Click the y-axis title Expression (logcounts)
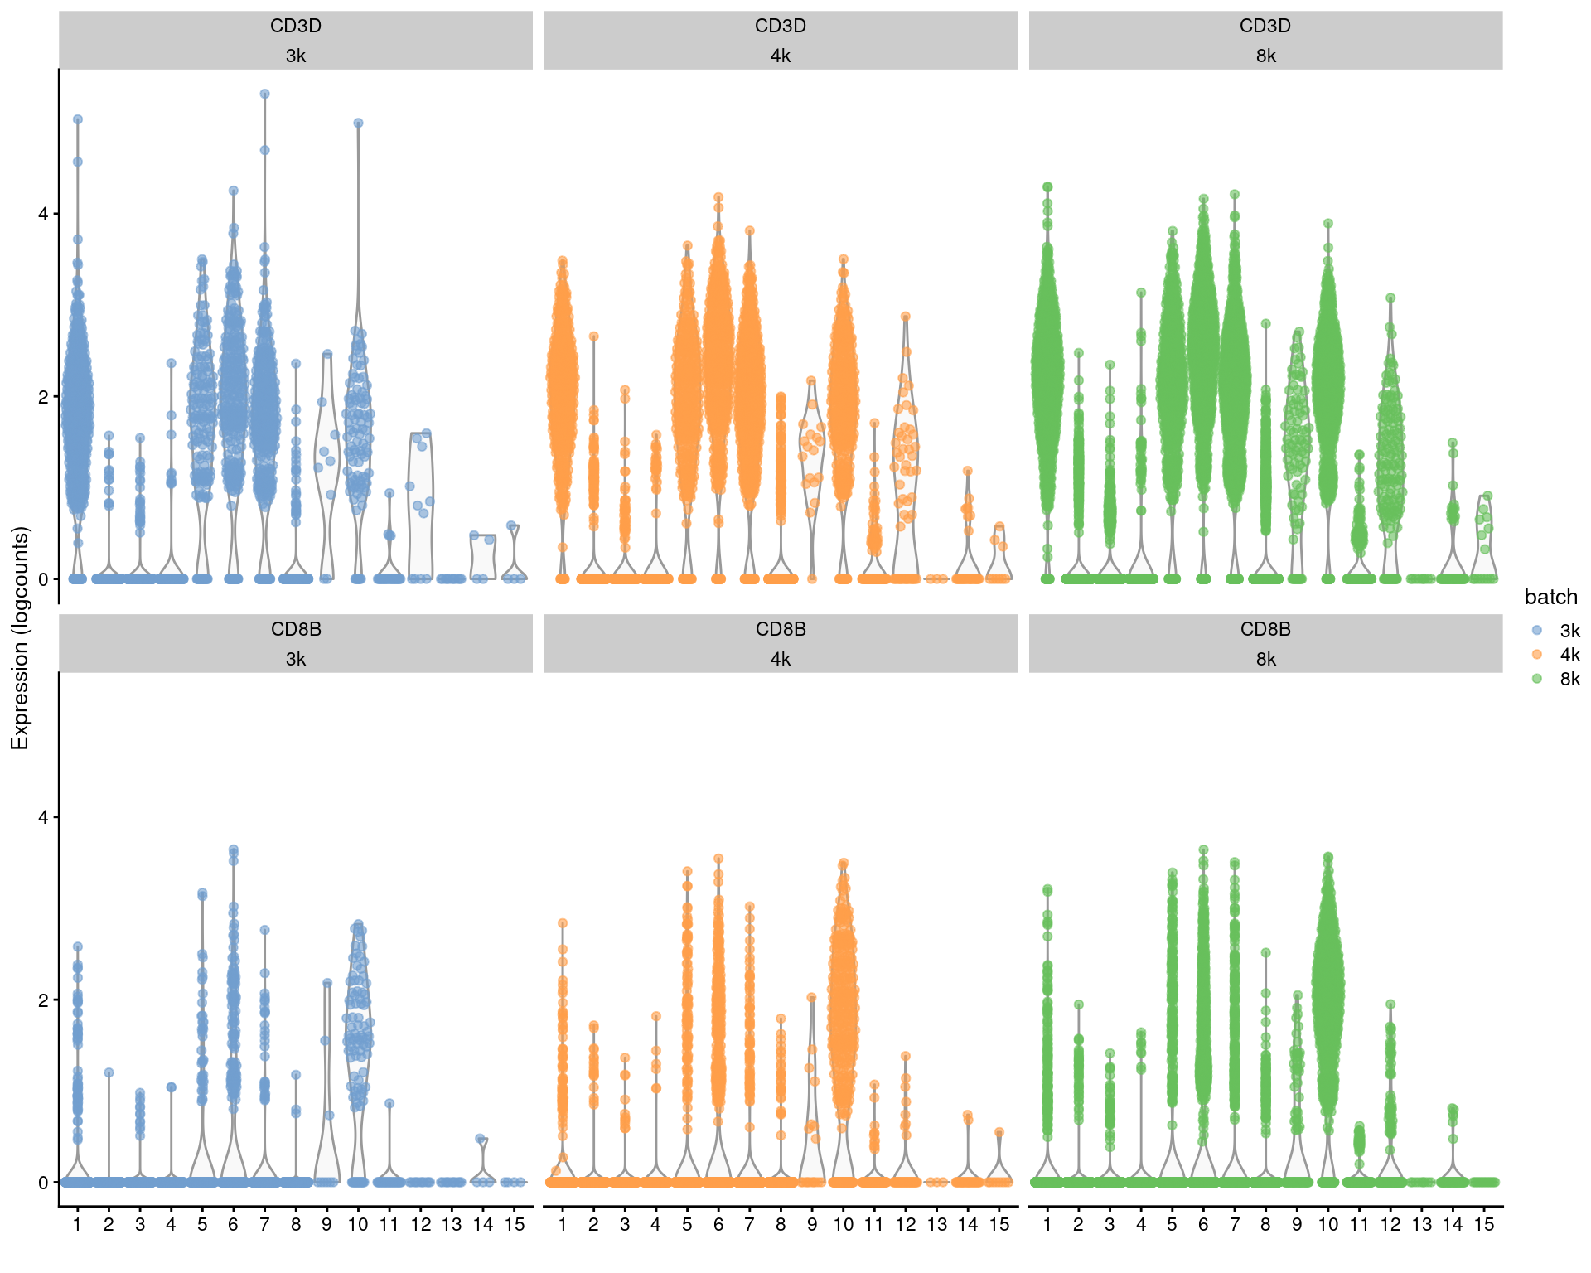20,638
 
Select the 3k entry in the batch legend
1569,631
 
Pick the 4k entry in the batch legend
1569,655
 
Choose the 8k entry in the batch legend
1569,679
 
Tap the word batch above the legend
1550,597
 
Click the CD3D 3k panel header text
296,40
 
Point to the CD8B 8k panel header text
1265,643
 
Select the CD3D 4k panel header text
781,40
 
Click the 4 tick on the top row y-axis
43,214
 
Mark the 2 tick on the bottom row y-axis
43,1000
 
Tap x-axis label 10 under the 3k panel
358,1224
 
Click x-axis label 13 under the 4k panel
936,1224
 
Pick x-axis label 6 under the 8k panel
1203,1224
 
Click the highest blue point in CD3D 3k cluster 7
264,94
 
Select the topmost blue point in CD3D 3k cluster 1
78,119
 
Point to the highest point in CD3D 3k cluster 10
358,123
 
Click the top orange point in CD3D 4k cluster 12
906,317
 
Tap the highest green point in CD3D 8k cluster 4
1141,293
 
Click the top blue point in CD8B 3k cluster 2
109,1072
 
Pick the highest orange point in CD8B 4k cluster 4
656,1016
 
